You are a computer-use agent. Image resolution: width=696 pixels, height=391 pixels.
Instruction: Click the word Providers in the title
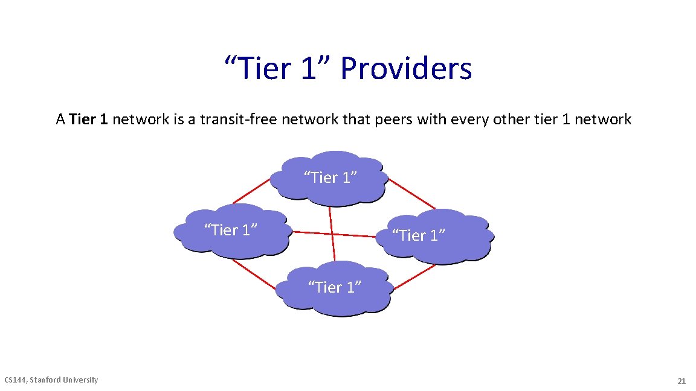[x=405, y=68]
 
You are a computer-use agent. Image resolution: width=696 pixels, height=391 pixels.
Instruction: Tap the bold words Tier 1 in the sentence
[x=89, y=119]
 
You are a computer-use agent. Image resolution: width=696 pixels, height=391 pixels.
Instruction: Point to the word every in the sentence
[x=465, y=119]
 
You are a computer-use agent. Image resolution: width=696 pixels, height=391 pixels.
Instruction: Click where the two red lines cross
[x=332, y=234]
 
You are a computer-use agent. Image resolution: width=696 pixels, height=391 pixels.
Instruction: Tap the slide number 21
[x=681, y=381]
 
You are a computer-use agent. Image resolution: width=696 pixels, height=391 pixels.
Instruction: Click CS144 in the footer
[x=16, y=380]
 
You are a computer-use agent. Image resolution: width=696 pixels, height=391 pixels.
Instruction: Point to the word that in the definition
[x=356, y=119]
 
